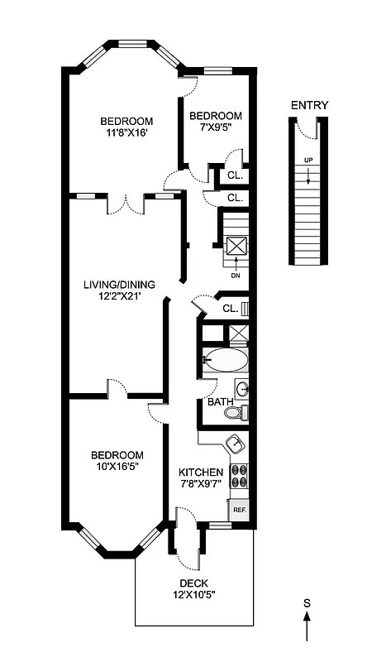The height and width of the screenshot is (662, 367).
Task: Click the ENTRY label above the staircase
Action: pos(309,105)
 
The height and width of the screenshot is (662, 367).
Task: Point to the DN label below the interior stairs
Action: pos(236,276)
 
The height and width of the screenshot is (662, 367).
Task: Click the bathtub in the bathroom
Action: pos(225,360)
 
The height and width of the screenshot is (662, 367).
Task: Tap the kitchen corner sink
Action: pos(236,444)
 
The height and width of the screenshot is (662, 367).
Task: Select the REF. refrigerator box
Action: pos(239,510)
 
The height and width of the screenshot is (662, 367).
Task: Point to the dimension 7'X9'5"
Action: pos(215,129)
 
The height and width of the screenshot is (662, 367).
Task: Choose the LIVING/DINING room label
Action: pos(119,285)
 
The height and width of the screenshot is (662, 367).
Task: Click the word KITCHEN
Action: pos(202,473)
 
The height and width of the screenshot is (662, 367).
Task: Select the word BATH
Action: pos(219,402)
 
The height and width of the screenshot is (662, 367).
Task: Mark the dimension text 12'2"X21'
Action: pos(119,298)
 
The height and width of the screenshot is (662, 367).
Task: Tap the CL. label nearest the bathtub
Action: pos(231,309)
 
